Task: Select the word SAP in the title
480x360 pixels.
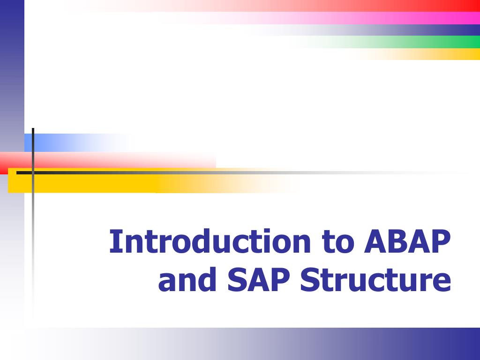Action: (260, 280)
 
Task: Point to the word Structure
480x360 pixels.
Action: (375, 280)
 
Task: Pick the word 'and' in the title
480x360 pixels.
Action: (188, 280)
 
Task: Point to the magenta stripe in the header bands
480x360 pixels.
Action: (422, 18)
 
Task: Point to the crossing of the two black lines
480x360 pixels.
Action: (33, 172)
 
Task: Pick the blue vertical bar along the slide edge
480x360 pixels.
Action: (12, 70)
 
